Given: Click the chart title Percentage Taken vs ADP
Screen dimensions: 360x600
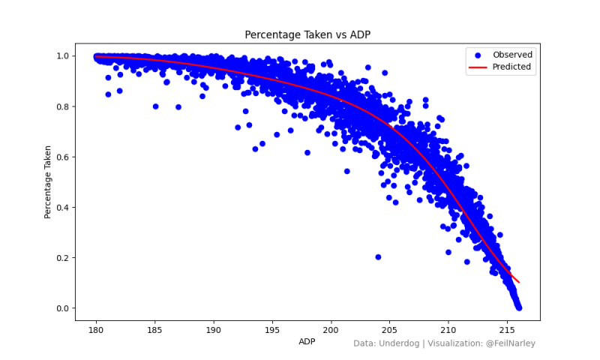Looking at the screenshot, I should tap(307, 34).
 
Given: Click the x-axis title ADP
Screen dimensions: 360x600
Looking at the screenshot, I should tap(307, 341).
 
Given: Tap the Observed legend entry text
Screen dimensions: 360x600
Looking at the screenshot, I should tap(512, 55).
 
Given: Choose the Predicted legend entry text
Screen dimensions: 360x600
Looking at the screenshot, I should tap(511, 67).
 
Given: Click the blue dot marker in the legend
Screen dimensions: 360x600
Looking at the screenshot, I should tap(478, 55).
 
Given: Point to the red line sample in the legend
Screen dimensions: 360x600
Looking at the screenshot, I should tap(478, 67).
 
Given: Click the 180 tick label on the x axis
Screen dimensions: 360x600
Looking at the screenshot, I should tap(96, 330).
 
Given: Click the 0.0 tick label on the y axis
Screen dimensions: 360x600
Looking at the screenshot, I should tap(63, 308).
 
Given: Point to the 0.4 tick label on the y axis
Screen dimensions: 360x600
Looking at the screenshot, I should tap(63, 208).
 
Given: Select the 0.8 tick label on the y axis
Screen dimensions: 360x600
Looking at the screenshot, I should tap(63, 106).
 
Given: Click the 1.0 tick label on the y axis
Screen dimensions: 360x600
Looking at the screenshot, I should tap(63, 56).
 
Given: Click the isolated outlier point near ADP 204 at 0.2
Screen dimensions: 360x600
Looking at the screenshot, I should tap(378, 257).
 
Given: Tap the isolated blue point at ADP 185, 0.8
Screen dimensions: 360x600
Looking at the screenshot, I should tap(155, 106).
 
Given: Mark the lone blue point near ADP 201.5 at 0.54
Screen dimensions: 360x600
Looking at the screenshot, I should tap(347, 171).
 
